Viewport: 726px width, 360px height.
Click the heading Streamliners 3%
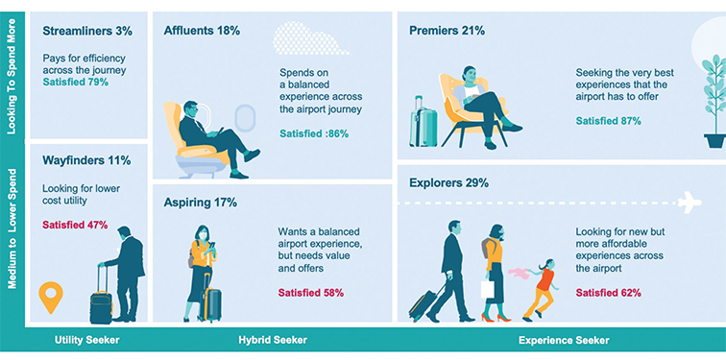[87, 32]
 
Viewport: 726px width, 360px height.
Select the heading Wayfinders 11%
[86, 160]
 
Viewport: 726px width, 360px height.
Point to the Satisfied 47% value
[75, 226]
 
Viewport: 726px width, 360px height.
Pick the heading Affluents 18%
[202, 31]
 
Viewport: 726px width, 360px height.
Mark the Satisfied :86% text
[314, 134]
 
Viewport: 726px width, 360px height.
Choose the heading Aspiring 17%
[201, 203]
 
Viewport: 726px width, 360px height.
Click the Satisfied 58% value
[312, 292]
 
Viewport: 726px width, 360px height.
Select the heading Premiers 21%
[447, 31]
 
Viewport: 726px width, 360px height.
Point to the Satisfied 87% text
[608, 121]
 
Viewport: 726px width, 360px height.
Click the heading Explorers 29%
[448, 182]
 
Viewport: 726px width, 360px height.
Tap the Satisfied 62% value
[608, 292]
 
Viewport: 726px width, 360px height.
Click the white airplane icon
[689, 203]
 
